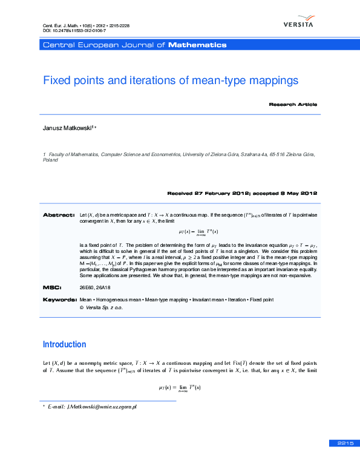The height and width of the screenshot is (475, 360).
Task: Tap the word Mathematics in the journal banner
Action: point(197,45)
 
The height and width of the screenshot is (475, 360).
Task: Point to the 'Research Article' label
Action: point(293,104)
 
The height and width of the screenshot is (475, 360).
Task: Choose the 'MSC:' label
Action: point(51,287)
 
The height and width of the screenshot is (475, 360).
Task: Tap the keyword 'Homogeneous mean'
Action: point(118,300)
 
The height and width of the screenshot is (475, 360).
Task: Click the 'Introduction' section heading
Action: point(64,344)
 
